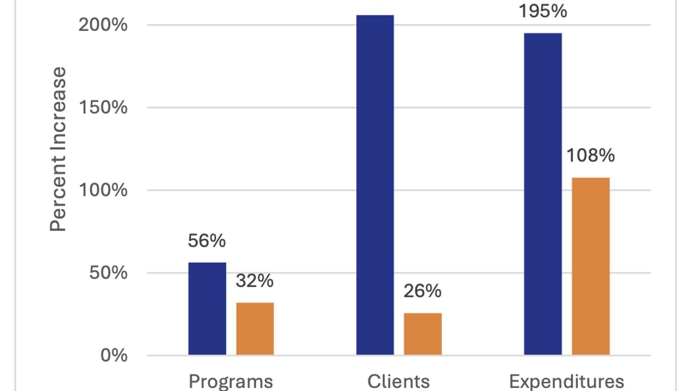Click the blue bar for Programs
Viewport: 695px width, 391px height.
(207, 308)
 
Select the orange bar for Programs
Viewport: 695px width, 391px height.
(255, 328)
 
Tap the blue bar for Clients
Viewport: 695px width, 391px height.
(375, 185)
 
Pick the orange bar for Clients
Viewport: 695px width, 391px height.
(422, 333)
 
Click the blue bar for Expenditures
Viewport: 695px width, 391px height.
(543, 194)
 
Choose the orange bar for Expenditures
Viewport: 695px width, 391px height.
(590, 266)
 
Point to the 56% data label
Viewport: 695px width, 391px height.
(207, 241)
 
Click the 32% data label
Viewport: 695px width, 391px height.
(254, 281)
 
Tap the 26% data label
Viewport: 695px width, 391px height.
(422, 291)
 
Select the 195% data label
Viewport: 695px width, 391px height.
(543, 11)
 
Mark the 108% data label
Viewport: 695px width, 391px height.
(590, 156)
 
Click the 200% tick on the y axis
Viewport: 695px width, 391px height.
(103, 25)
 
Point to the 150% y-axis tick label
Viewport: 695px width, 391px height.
(103, 108)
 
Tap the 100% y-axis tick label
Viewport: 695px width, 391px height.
(103, 190)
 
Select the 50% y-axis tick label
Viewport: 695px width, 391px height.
(108, 273)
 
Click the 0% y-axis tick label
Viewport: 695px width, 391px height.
(114, 355)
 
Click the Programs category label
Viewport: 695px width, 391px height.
(231, 382)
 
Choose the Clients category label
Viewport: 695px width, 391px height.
(399, 382)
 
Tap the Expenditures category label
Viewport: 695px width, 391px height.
(566, 382)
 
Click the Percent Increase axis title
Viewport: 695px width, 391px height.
(58, 149)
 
